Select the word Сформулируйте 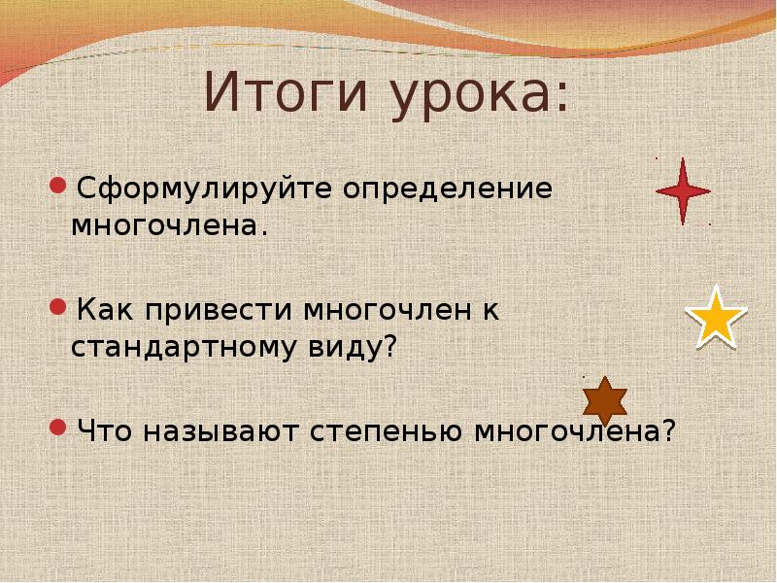pyautogui.click(x=205, y=189)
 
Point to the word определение pyautogui.click(x=447, y=189)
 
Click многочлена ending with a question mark pyautogui.click(x=573, y=429)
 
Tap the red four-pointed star pyautogui.click(x=683, y=191)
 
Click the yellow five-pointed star pyautogui.click(x=716, y=317)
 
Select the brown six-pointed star pyautogui.click(x=604, y=400)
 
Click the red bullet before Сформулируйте pyautogui.click(x=58, y=184)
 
